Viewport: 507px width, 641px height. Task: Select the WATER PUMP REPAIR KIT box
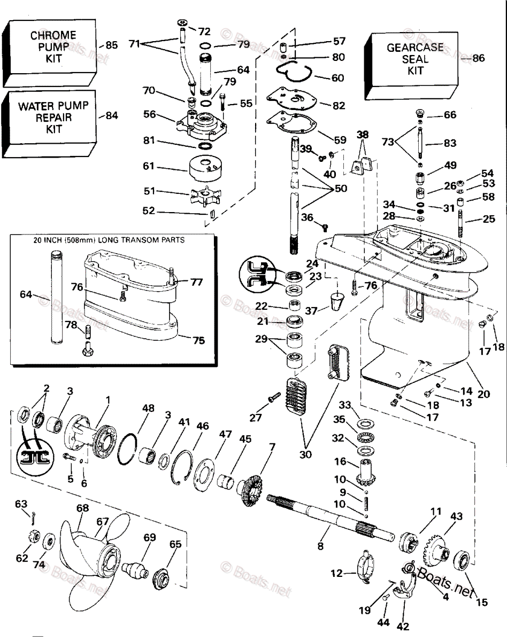point(49,117)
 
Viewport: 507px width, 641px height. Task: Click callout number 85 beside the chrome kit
point(111,45)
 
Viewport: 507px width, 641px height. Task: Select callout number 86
point(478,58)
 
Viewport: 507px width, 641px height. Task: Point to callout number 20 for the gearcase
point(483,394)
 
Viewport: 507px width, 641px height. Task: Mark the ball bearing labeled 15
point(460,562)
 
